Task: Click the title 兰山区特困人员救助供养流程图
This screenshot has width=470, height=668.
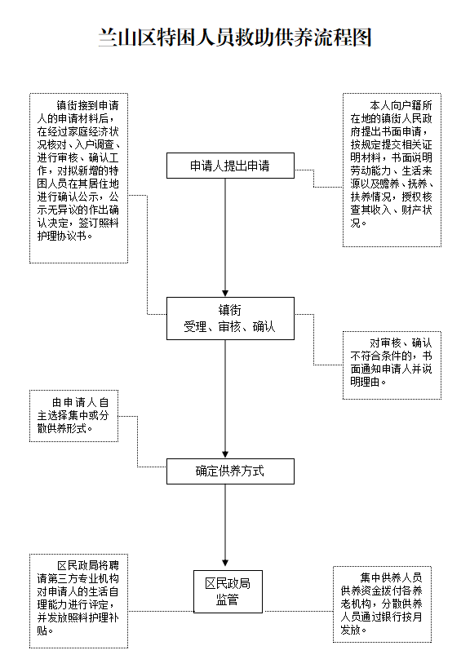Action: (235, 38)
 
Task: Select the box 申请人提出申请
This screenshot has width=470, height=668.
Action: (230, 166)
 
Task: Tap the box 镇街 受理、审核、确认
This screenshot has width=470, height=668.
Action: (230, 318)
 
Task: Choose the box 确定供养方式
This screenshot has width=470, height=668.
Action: (230, 471)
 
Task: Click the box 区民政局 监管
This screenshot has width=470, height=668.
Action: (228, 591)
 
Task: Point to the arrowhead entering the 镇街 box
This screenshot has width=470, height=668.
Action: (225, 294)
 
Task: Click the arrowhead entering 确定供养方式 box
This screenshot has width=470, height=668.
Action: (225, 454)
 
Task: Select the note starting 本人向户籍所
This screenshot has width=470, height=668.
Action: (392, 170)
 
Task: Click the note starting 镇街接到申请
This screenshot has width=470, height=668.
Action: (78, 178)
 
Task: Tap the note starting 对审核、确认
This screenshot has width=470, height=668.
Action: (392, 365)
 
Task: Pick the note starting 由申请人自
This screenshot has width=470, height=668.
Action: (73, 416)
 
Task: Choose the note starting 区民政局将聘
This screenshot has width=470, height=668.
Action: (78, 600)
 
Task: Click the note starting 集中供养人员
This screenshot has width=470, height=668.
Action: (382, 604)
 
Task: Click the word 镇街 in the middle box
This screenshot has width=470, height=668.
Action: (229, 310)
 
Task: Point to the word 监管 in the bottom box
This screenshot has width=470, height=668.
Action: (227, 599)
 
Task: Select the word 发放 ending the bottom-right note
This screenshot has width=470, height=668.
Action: (351, 630)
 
